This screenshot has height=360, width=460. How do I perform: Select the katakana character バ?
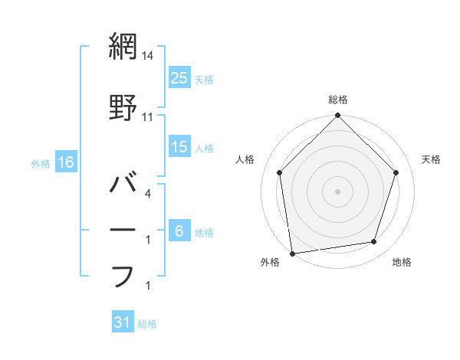tap(123, 184)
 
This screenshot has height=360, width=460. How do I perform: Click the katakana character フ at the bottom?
tap(123, 275)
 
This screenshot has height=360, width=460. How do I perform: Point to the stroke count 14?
tap(148, 55)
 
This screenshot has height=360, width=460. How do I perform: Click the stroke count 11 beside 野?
tap(148, 117)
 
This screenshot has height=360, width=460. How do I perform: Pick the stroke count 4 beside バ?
tap(147, 194)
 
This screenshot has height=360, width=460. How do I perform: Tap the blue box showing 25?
tap(179, 77)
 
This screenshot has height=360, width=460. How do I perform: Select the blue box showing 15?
tap(179, 147)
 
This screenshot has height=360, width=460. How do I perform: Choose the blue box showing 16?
tap(66, 162)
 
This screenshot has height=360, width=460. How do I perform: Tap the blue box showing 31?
tap(123, 323)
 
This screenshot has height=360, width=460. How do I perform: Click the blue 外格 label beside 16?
tap(41, 163)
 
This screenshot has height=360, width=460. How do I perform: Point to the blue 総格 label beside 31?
tap(147, 324)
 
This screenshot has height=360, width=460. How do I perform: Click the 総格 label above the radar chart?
tap(338, 100)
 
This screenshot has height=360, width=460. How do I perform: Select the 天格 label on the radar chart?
tap(432, 159)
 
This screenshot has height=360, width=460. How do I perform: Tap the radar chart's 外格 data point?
tap(292, 253)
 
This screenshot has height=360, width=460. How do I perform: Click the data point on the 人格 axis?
tap(279, 172)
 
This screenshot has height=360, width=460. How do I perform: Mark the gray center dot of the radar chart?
tap(337, 191)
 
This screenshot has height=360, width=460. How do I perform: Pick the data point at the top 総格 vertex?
tap(337, 116)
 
